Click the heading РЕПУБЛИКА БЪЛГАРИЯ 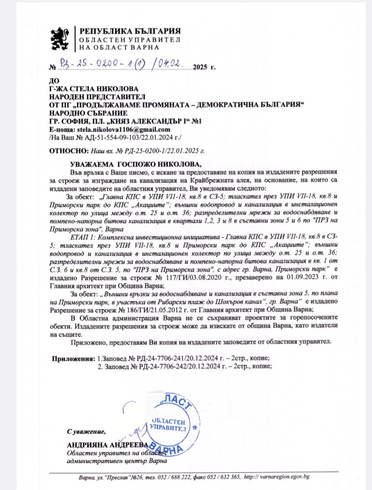130,31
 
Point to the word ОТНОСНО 68,150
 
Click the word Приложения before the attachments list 73,358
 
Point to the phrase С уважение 86,431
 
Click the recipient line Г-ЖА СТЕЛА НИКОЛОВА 94,89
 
